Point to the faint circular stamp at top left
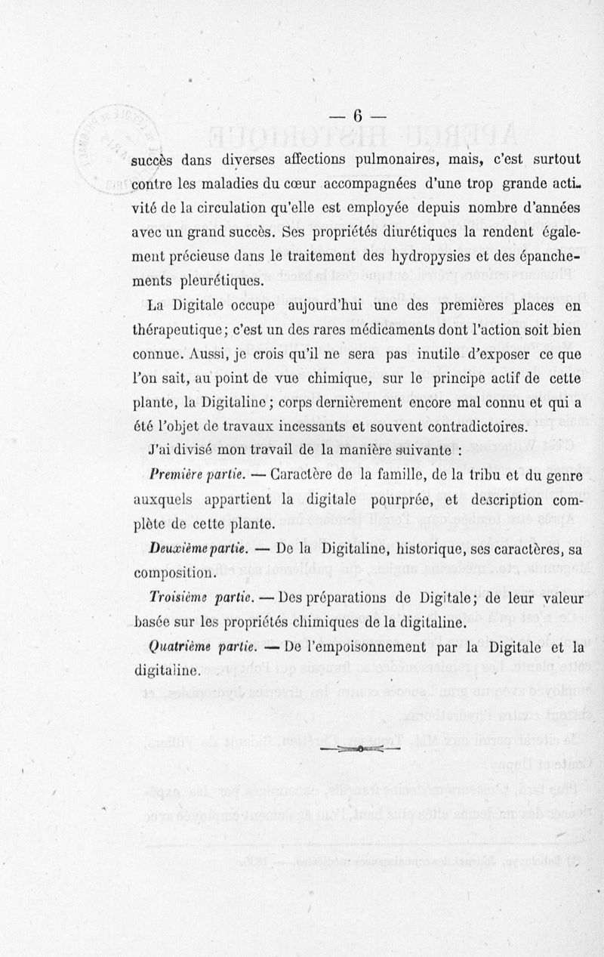106,144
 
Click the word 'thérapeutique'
186,330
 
